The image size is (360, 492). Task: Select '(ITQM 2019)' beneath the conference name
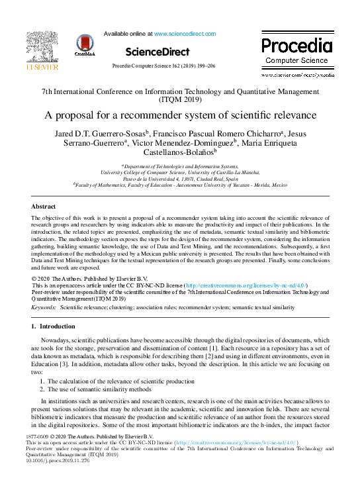coord(180,100)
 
